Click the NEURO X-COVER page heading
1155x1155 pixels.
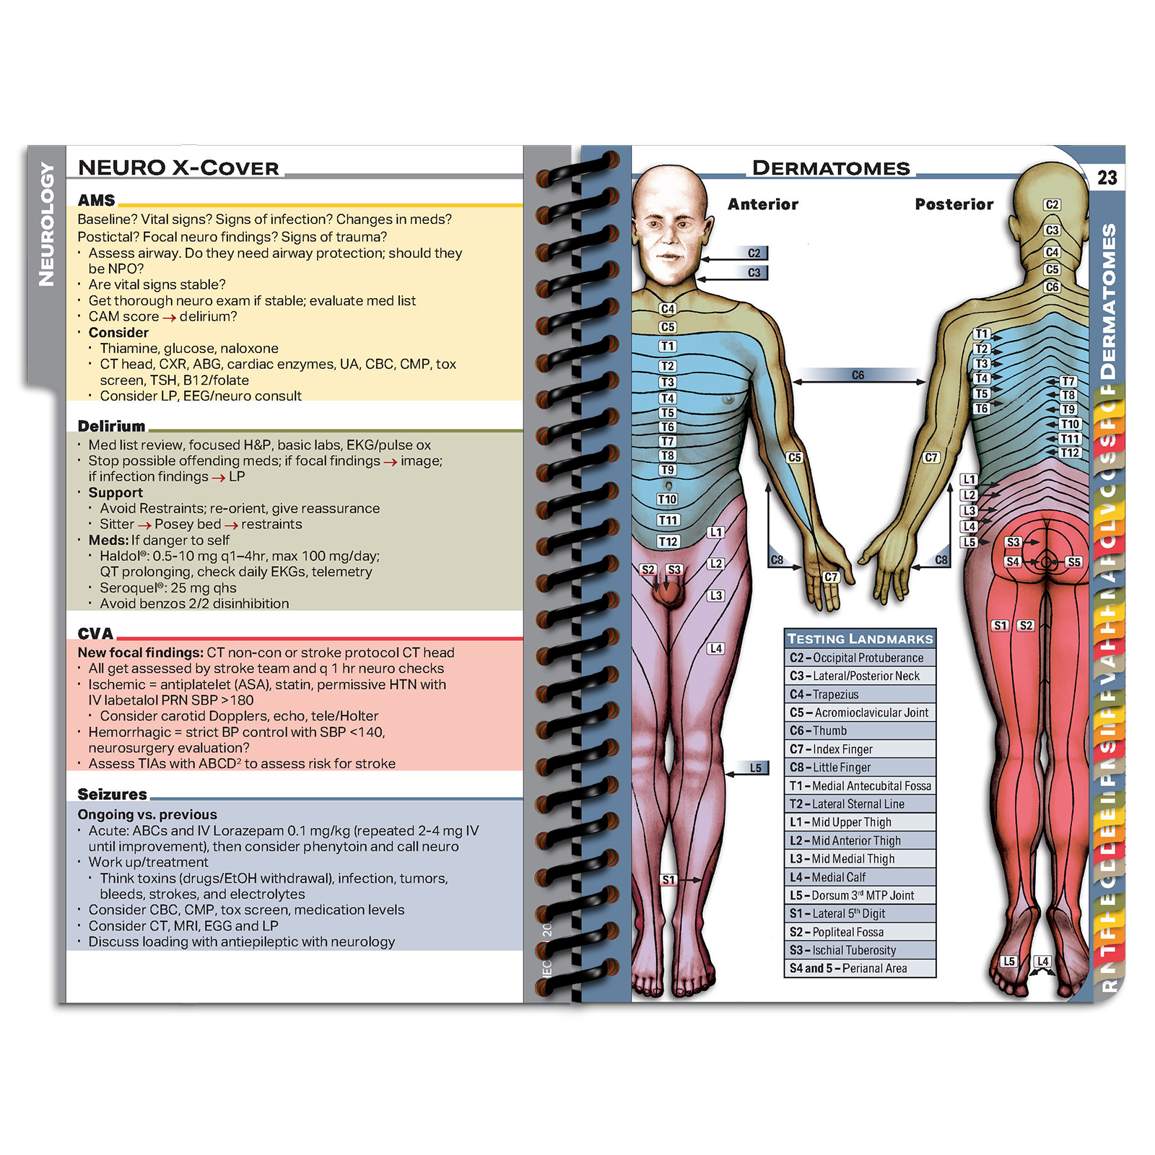178,167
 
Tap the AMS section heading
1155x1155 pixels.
96,200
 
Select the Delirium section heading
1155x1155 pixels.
111,426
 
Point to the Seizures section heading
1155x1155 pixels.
112,794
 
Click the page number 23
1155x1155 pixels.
1107,178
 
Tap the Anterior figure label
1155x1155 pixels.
762,204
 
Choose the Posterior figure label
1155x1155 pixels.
954,204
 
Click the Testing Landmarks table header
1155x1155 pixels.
860,638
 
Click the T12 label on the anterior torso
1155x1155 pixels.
668,541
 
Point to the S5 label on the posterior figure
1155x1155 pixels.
1073,562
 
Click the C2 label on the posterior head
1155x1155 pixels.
1052,205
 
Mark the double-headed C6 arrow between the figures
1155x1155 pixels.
858,380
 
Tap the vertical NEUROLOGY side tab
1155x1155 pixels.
46,224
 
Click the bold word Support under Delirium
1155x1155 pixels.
115,492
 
